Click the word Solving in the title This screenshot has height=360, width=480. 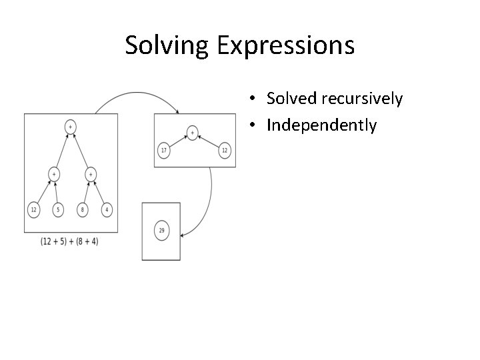pos(167,45)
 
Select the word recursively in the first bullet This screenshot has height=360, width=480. pos(361,99)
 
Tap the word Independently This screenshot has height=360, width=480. pos(321,125)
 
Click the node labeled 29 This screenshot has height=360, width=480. pos(161,231)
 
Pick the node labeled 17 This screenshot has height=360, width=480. pos(164,151)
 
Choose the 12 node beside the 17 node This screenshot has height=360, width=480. pos(225,151)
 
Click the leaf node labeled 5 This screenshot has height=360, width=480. pos(58,209)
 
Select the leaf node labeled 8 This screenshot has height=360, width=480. pos(83,209)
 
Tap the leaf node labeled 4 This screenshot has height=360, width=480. pos(107,209)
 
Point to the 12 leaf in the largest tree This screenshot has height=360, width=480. pos(33,209)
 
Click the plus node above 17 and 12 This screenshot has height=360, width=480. pos(193,133)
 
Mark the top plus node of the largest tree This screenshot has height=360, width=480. pos(70,125)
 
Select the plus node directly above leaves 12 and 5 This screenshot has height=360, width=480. pos(53,174)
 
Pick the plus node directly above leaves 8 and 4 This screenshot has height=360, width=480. pos(90,174)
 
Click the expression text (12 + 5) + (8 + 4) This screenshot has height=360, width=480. pos(69,241)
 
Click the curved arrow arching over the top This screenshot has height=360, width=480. pos(137,95)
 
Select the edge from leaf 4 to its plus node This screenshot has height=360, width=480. pos(99,193)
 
